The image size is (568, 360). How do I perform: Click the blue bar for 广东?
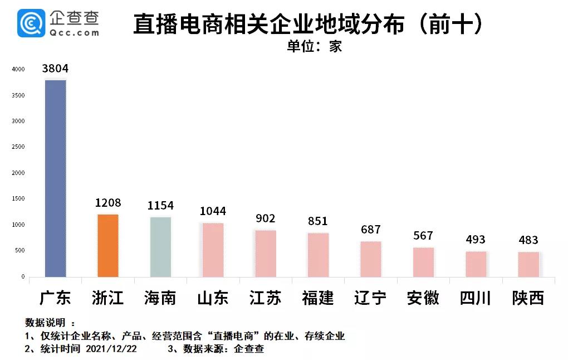tap(56, 178)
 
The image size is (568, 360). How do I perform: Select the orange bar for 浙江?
tap(108, 245)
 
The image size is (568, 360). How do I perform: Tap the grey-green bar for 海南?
tap(160, 247)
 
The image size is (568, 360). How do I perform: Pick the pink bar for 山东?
tap(213, 250)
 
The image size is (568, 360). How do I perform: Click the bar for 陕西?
tap(528, 265)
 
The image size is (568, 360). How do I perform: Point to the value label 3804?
tap(55, 69)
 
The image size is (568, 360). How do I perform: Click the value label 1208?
tap(107, 203)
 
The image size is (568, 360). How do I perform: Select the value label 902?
tap(266, 218)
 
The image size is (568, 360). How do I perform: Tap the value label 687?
tap(370, 230)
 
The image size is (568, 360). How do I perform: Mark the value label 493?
tap(476, 240)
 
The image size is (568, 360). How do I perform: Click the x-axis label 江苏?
tap(266, 298)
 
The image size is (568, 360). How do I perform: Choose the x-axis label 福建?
tap(318, 298)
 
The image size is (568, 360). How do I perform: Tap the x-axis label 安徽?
tap(423, 298)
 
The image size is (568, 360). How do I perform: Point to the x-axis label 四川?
tap(476, 298)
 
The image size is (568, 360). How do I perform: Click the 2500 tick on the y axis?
tap(18, 147)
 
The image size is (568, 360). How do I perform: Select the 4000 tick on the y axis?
tap(18, 70)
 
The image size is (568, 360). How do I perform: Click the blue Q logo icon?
tap(31, 23)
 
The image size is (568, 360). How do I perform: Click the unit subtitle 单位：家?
tap(314, 46)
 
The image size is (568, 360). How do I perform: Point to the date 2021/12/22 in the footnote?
tap(111, 349)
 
